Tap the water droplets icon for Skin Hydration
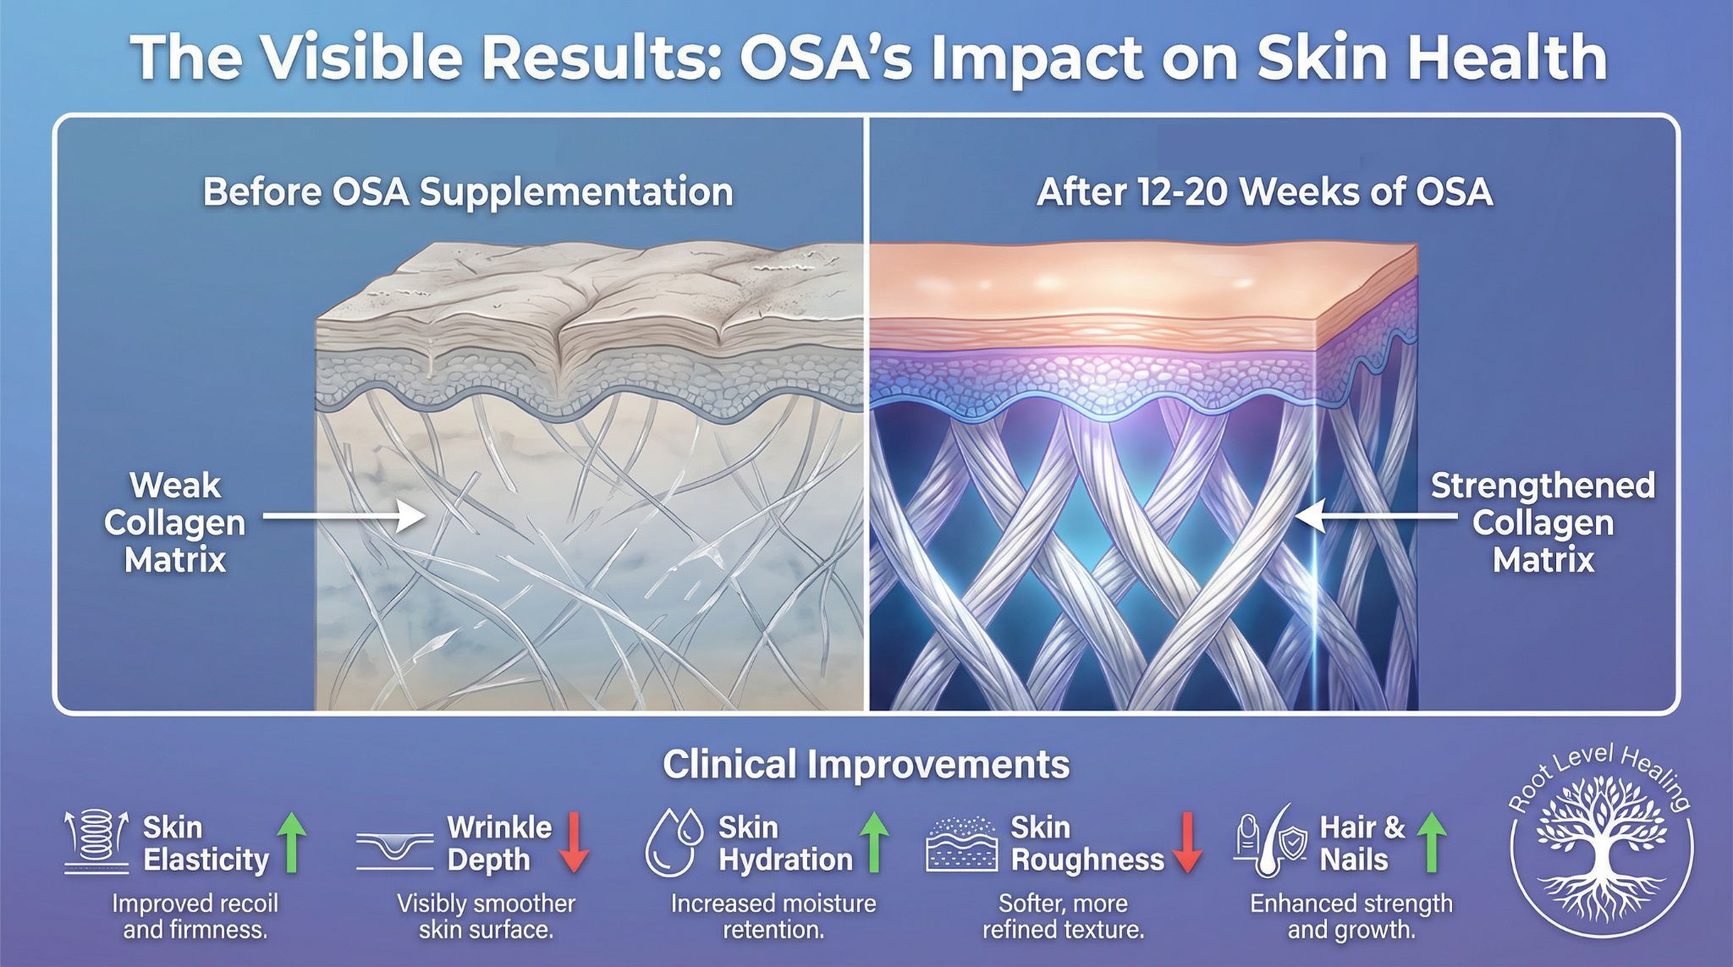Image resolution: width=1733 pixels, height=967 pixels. [674, 843]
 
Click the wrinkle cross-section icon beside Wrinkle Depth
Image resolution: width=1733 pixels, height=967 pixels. [395, 848]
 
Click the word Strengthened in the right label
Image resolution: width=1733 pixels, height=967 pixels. [1542, 486]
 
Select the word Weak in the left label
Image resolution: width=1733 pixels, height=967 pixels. [174, 486]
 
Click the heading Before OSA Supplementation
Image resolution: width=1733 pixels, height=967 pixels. [468, 192]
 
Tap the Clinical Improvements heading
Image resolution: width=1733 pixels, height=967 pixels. [866, 764]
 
